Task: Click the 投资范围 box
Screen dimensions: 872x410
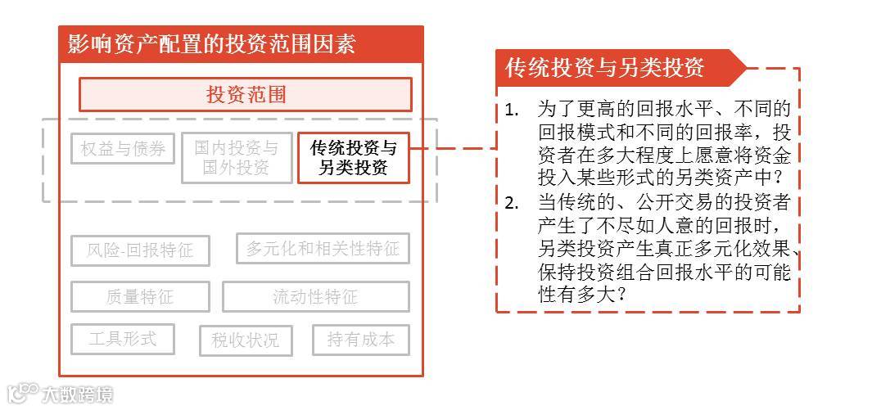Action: point(245,94)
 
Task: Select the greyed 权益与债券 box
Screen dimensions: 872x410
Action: point(123,149)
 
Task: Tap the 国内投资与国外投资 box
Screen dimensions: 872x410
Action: point(236,158)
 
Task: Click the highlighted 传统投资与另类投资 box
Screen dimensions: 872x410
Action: point(353,158)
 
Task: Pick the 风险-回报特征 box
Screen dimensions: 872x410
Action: point(140,250)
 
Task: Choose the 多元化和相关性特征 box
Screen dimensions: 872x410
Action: point(323,248)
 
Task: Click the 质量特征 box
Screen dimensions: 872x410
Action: point(140,296)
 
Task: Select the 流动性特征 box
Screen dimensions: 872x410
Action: point(315,296)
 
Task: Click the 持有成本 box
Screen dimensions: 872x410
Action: point(360,340)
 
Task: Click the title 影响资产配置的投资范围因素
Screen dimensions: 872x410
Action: point(211,44)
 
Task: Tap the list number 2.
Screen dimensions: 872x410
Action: point(511,203)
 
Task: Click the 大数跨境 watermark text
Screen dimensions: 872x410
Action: point(77,394)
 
